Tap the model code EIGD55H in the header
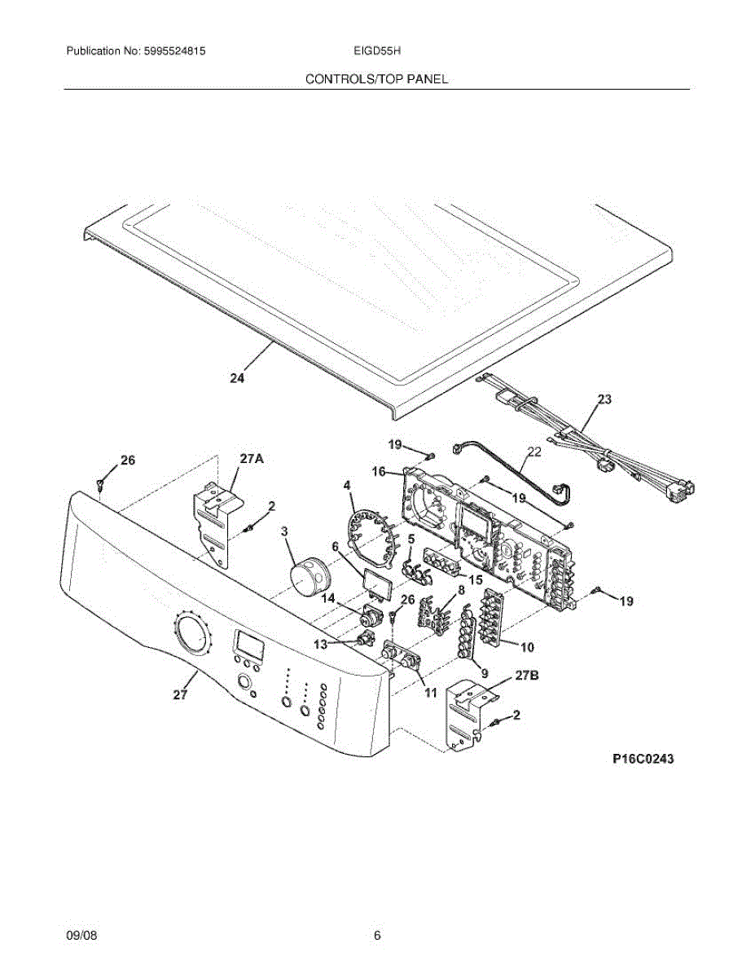pos(375,51)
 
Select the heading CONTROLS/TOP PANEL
pos(376,79)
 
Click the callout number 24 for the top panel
pos(237,377)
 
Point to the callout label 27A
pos(252,459)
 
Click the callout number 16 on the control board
pos(380,471)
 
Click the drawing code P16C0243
pos(643,759)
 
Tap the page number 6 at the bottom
pos(377,936)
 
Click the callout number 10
pos(527,647)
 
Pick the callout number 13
pos(321,644)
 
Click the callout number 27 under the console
pos(180,694)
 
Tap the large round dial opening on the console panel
pos(193,635)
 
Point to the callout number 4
pos(347,486)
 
